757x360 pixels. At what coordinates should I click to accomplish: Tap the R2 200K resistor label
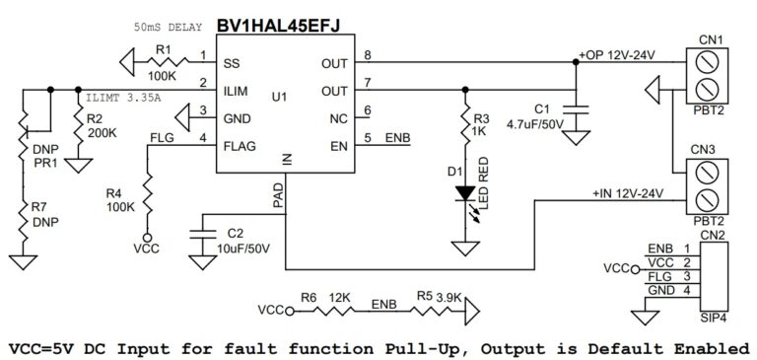tap(102, 125)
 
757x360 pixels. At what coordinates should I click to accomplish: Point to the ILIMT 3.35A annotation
tap(124, 99)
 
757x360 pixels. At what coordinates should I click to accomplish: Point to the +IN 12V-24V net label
tap(627, 192)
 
